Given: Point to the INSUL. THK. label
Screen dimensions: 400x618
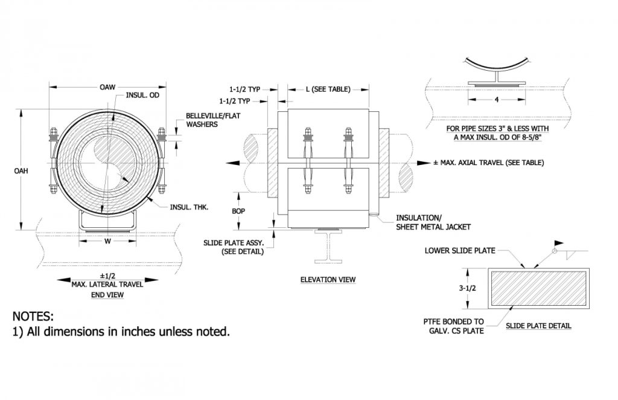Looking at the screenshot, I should click(189, 208).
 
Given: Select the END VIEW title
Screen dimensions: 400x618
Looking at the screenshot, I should click(107, 295).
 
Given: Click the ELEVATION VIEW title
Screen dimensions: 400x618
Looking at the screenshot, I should click(328, 280).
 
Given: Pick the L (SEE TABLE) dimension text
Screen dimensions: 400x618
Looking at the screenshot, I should click(328, 89).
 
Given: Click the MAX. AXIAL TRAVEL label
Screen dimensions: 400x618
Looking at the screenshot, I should click(489, 163).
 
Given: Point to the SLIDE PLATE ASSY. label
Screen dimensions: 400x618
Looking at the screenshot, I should click(234, 247).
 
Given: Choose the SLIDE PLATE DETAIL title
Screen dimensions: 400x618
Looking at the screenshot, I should click(538, 326).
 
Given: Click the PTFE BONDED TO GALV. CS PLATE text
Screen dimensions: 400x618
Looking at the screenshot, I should click(454, 327).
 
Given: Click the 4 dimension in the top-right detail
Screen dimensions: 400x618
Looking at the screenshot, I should click(496, 100).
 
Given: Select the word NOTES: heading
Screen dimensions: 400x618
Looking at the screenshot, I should click(33, 317).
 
